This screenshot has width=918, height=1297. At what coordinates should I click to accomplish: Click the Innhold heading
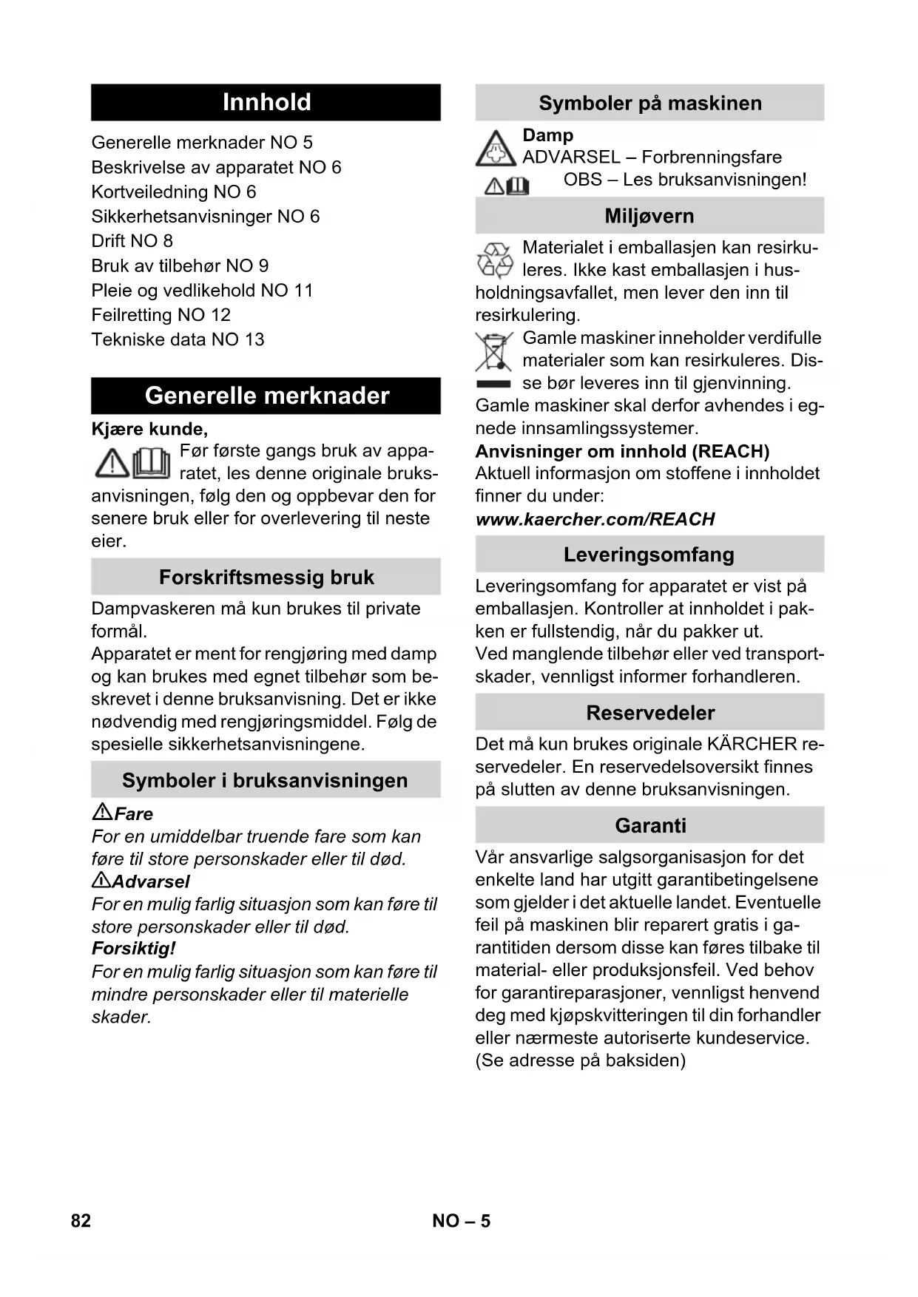coord(266,102)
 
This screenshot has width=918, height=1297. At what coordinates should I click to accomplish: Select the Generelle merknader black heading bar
coord(266,396)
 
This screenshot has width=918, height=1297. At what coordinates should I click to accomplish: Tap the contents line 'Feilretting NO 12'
coord(161,315)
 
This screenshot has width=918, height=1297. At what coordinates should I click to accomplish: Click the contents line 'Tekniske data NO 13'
coord(178,339)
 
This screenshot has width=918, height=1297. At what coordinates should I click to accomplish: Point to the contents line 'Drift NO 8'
coord(132,241)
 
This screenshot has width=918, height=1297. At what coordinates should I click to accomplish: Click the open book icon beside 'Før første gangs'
coord(152,463)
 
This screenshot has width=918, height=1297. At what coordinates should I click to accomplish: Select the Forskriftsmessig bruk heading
coord(266,578)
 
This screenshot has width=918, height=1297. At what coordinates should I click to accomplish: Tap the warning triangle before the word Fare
coord(102,812)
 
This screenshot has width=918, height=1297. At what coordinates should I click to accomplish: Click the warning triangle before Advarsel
coord(101,880)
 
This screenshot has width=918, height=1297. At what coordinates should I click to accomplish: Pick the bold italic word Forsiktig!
coord(133,949)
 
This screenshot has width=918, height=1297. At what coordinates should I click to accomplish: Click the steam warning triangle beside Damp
coord(496,148)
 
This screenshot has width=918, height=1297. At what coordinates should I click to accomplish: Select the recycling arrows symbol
coord(495,260)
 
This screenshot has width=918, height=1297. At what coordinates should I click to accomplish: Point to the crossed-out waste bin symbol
coord(493,352)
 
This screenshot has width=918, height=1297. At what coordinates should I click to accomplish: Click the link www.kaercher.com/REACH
coord(595,519)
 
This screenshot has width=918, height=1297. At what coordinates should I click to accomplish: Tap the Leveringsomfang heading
coord(649,555)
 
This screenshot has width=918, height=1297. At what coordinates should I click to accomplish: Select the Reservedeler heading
coord(650,713)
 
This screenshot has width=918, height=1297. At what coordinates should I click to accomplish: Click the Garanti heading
coord(650,825)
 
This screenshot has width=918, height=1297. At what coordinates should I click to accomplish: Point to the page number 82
coord(81,1221)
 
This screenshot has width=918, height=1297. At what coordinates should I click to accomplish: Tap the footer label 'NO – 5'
coord(461,1221)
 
